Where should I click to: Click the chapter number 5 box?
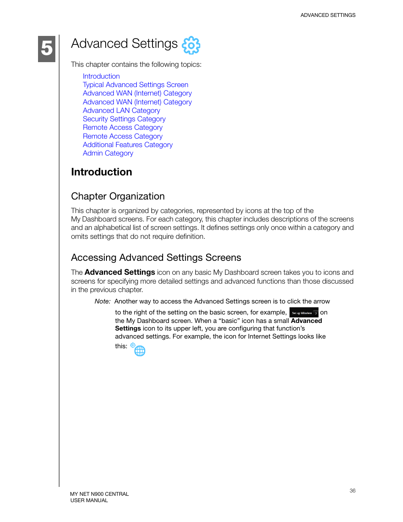(x=46, y=49)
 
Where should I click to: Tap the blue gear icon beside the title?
(x=191, y=45)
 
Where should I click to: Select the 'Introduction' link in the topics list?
(x=101, y=76)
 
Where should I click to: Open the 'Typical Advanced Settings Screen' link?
(x=136, y=85)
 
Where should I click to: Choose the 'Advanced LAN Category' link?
(x=121, y=110)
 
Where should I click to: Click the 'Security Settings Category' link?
(x=124, y=119)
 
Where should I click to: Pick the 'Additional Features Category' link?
(x=128, y=145)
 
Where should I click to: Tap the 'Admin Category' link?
(x=108, y=153)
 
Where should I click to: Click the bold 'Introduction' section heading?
(x=101, y=172)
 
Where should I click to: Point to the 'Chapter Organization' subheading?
(x=118, y=196)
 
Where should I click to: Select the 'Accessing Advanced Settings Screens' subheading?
(x=156, y=257)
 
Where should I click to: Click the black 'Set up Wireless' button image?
(x=304, y=313)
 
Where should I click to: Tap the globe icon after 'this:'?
(x=139, y=350)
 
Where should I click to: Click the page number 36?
(x=352, y=491)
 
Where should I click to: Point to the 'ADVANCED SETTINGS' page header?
(x=328, y=15)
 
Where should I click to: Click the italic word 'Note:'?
(x=102, y=301)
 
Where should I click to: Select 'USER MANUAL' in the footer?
(x=89, y=500)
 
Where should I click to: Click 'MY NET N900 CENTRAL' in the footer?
(x=99, y=494)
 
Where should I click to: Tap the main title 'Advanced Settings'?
(x=124, y=44)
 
